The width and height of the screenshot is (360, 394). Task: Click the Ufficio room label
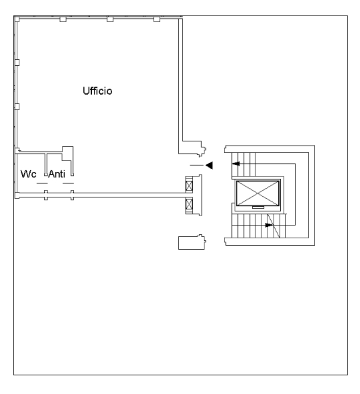point(97,91)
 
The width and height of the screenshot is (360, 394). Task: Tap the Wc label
point(28,174)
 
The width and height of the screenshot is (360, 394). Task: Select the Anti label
point(57,174)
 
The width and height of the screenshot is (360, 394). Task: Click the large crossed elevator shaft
point(257,193)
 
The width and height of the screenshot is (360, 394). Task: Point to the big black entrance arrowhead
point(209,165)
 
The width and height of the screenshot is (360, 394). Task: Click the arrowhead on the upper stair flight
point(236,164)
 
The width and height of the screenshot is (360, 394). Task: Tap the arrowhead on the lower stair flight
point(269,225)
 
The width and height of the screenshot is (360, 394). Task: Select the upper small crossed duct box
point(189,186)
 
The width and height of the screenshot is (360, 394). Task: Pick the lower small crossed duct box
point(189,204)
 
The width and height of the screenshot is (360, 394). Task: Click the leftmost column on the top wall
point(63,19)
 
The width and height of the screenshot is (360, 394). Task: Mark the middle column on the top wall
point(110,19)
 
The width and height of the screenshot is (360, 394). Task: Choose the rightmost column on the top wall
point(157,19)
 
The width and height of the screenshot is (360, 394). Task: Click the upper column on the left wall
point(17,62)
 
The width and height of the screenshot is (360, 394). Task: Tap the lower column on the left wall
point(17,107)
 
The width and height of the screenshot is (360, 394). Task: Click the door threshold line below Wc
point(42,183)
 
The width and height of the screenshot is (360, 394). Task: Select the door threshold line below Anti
point(68,183)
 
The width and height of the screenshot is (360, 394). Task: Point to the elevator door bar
point(258,207)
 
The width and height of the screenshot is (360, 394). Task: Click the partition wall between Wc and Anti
point(46,164)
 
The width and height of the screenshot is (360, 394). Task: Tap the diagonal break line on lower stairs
point(274,226)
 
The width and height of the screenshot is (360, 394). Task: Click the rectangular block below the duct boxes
point(192,243)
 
